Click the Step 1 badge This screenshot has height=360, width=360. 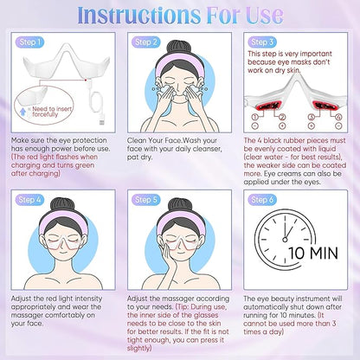coord(29,42)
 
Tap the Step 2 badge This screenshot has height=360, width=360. coord(146,42)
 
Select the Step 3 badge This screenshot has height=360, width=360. coord(262,42)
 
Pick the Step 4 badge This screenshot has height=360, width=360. coord(29,200)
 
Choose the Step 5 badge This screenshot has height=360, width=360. coord(146,200)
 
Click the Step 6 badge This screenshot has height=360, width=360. coord(262,200)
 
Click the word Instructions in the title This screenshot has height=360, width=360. coord(138,15)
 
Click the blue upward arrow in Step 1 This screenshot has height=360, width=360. coord(23,111)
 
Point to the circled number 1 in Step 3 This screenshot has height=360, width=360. coord(254,117)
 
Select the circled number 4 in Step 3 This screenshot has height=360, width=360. coord(338,117)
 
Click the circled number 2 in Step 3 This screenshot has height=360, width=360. coord(282,117)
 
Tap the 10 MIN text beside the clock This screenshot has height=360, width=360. coord(313,253)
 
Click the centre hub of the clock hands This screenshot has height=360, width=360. coord(285,239)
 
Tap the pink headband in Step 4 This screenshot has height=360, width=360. coord(63,218)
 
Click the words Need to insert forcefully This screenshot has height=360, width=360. coord(52,112)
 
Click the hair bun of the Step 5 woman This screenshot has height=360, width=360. coord(180,205)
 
